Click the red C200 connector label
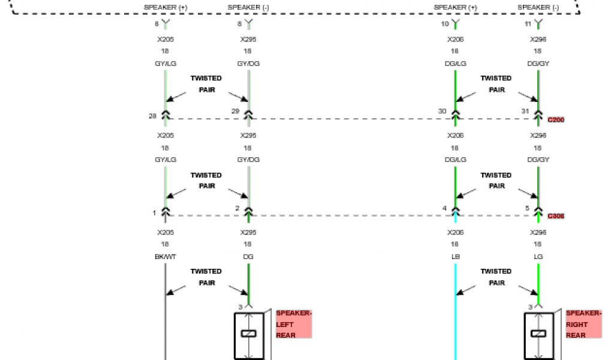[556, 120]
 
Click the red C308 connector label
[556, 216]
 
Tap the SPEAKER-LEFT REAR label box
[293, 324]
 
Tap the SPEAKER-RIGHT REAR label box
[583, 324]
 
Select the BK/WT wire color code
[165, 256]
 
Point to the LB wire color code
[455, 256]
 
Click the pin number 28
[153, 115]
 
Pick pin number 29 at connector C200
[236, 111]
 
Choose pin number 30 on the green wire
[443, 111]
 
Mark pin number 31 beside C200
[525, 111]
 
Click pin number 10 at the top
[444, 24]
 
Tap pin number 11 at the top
[528, 24]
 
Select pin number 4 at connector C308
[444, 208]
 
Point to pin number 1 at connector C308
[153, 212]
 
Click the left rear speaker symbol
[248, 334]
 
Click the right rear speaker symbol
[538, 334]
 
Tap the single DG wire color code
[248, 256]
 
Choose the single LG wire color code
[538, 256]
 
